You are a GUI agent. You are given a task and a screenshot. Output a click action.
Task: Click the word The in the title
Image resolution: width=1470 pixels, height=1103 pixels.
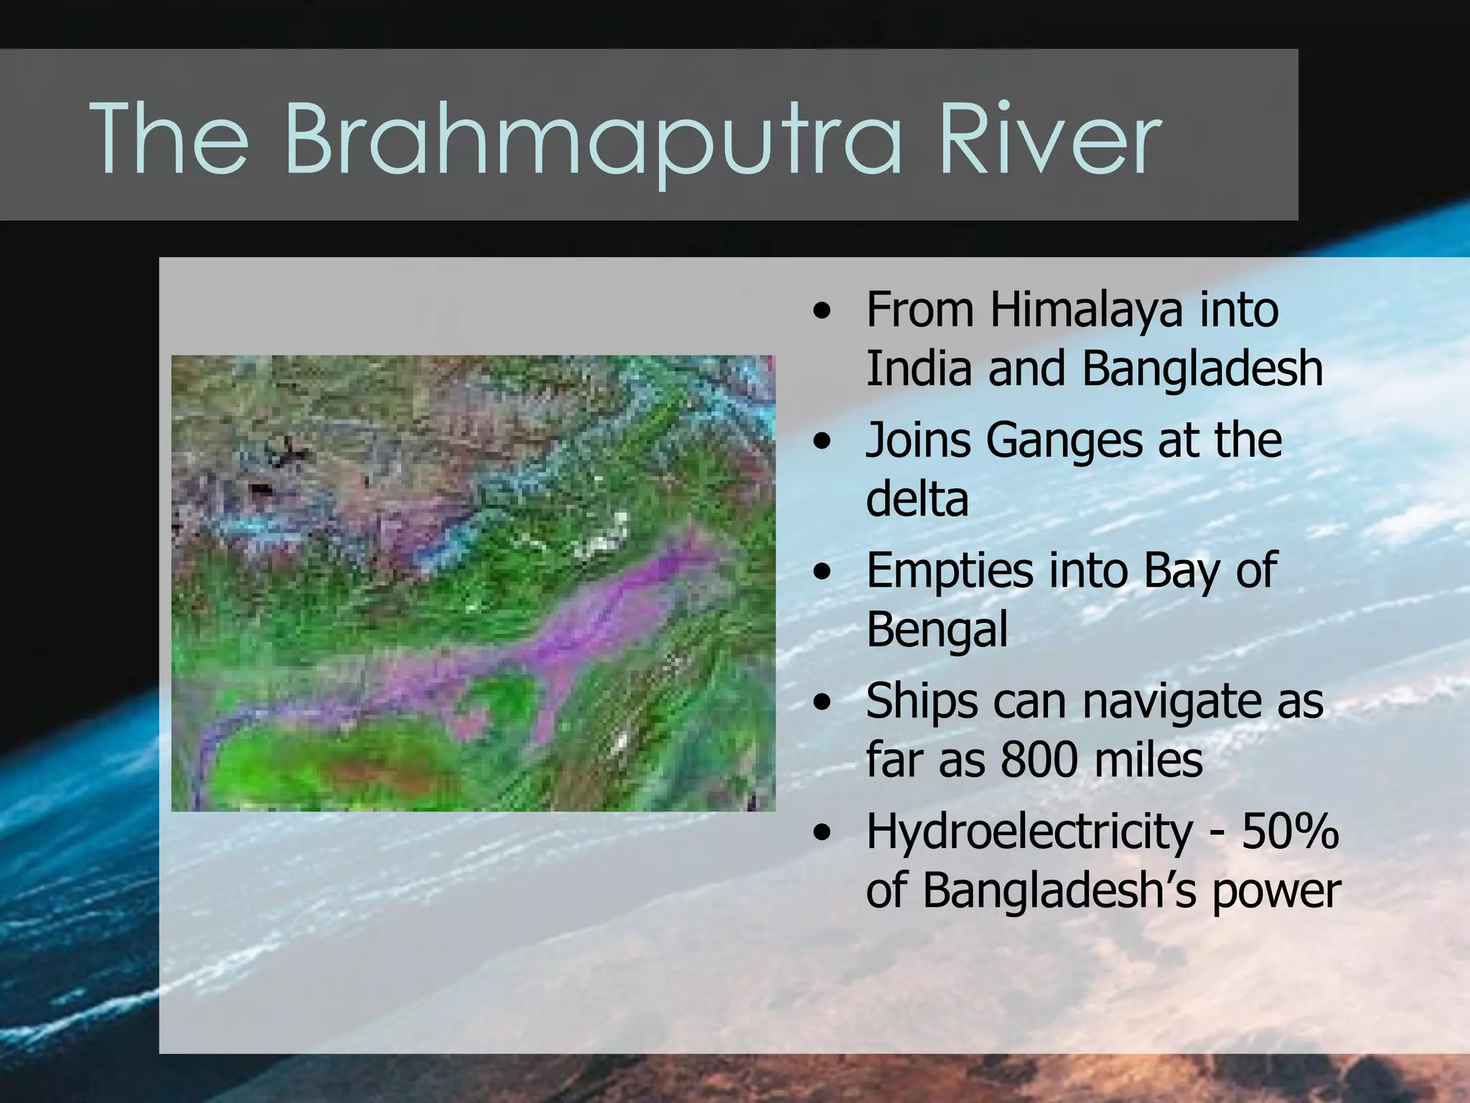point(169,138)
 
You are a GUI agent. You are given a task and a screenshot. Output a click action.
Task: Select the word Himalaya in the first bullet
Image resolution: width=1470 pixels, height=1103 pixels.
point(1086,311)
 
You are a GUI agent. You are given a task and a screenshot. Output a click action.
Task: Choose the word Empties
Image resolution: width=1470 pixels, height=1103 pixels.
point(950,572)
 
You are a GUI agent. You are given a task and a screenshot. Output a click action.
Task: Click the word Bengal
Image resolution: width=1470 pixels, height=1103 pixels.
point(937,630)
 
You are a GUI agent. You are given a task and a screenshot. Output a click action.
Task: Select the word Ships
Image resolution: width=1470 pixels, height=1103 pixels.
point(922,702)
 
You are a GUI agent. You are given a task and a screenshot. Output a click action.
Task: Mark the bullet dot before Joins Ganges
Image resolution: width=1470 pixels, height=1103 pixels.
point(823,441)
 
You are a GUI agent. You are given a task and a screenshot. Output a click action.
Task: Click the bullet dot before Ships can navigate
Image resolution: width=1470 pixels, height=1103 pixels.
point(823,702)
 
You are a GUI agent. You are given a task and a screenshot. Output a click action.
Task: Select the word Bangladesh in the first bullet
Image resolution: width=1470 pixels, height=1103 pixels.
point(1202,368)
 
